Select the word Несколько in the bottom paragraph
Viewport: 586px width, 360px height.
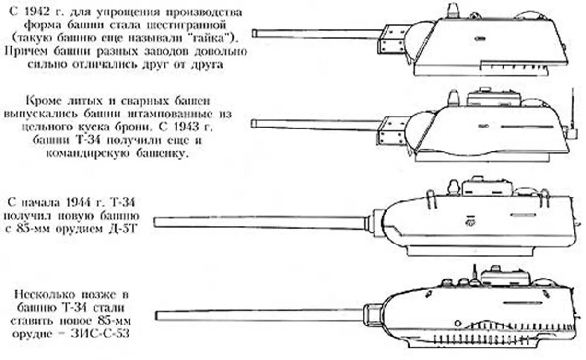coord(41,294)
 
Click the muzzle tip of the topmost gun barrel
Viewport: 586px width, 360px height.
coord(255,34)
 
